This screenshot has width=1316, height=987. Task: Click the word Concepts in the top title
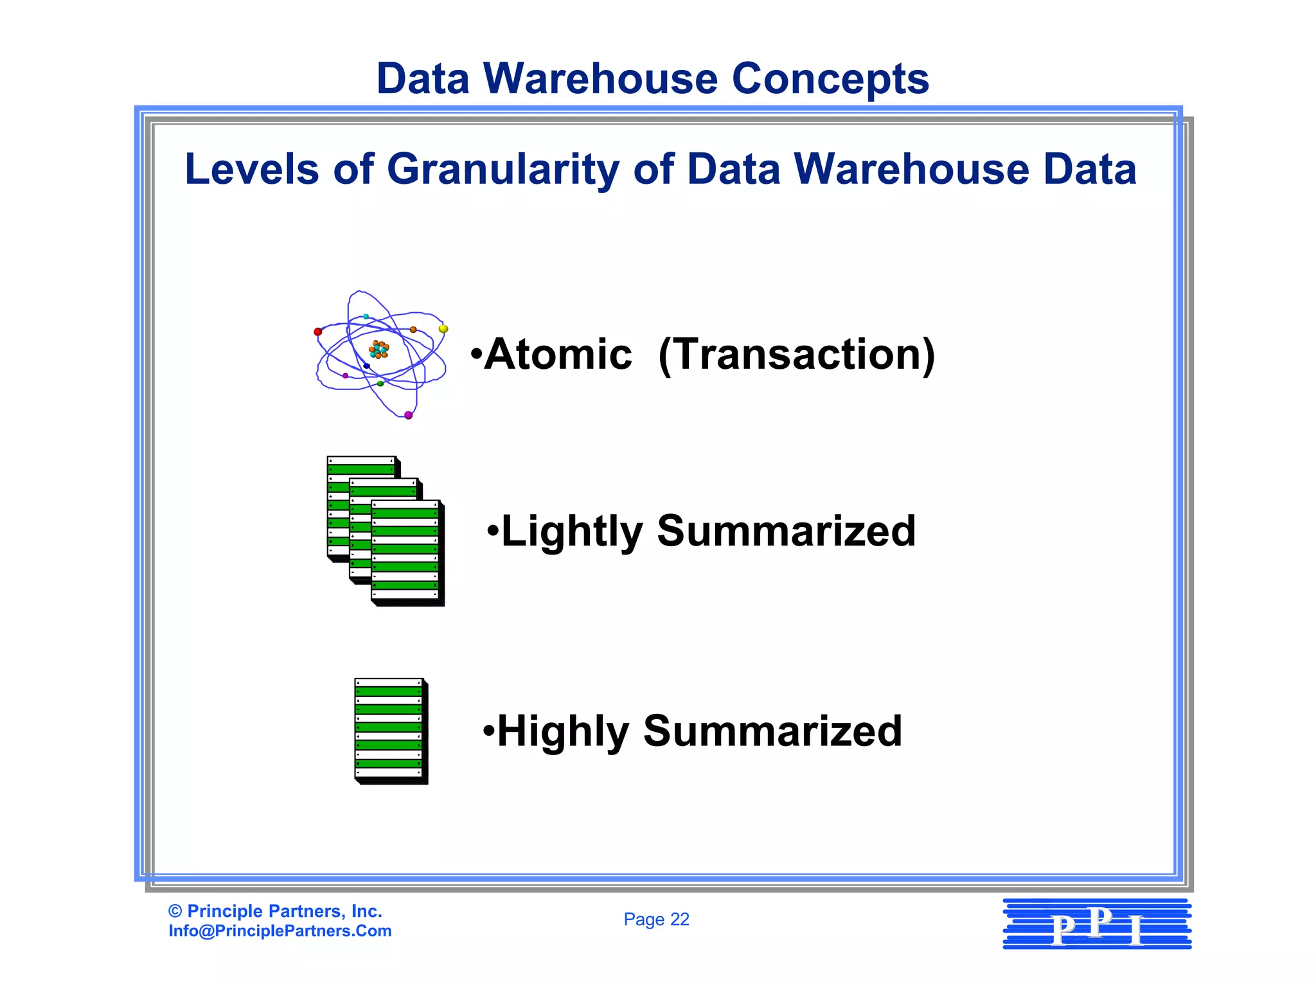point(830,79)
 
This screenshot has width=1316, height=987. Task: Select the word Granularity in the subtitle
point(503,170)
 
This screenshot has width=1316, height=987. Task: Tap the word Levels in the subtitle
point(251,170)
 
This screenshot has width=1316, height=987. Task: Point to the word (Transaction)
point(797,355)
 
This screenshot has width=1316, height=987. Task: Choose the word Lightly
point(572,532)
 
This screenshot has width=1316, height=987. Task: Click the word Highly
point(563,732)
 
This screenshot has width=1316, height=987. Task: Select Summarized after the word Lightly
point(786,531)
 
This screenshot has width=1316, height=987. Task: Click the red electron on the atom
point(317,332)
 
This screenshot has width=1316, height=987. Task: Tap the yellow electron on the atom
point(443,329)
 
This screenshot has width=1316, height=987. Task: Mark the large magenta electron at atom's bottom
point(408,415)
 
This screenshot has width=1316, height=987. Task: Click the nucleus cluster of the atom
point(378,350)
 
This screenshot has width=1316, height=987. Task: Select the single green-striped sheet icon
point(390,730)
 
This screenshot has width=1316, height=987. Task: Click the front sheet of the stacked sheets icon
point(406,551)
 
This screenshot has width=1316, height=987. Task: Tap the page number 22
point(679,920)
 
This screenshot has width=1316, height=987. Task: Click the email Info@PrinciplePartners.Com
point(280,931)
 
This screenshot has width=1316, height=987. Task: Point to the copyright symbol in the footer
point(175,911)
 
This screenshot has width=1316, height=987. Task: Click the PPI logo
point(1097,925)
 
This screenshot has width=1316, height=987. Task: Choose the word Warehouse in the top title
point(600,79)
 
